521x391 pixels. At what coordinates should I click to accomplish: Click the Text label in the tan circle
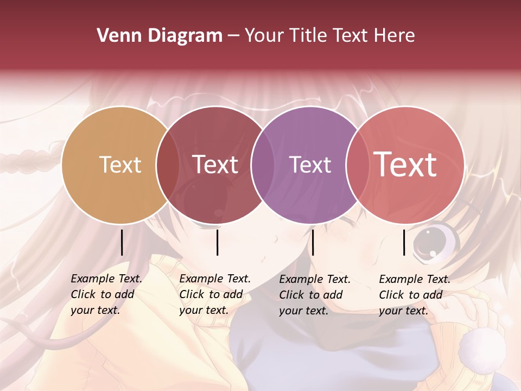coord(120,165)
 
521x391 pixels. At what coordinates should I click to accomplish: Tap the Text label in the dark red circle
coord(215,165)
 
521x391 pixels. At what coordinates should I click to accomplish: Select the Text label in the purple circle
coord(310,165)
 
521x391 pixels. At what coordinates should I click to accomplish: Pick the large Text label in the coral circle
coord(405,165)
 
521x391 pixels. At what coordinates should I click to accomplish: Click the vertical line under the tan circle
coord(122,242)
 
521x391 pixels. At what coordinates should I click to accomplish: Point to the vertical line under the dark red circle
coord(217,242)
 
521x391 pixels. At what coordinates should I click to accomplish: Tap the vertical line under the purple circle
coord(313,242)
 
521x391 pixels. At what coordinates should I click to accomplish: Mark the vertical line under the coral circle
coord(404,242)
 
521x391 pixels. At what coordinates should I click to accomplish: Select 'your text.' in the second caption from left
coord(204,311)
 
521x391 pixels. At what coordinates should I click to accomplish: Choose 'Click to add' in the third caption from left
coord(311,295)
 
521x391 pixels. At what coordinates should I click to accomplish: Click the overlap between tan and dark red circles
coord(168,165)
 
